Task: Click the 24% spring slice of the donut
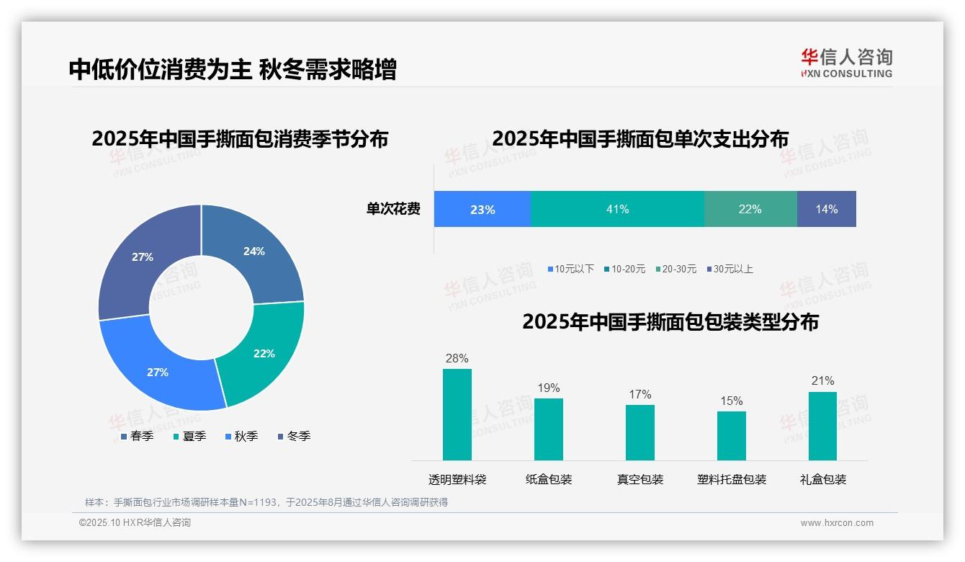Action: point(259,249)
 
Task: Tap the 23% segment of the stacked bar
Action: point(482,210)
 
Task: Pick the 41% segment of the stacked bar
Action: point(617,210)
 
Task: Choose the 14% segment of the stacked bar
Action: point(826,210)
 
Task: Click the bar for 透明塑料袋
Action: point(457,414)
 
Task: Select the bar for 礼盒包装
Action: point(822,426)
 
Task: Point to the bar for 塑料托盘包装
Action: point(731,436)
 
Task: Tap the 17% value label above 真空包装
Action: point(639,394)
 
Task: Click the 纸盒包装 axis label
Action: point(549,479)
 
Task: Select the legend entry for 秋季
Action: point(242,436)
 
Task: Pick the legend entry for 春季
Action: point(137,436)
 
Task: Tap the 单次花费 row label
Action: point(393,210)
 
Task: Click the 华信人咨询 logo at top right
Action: point(846,63)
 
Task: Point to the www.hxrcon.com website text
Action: point(837,523)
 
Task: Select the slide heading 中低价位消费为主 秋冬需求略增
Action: point(232,70)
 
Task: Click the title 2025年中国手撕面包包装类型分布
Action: point(670,321)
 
